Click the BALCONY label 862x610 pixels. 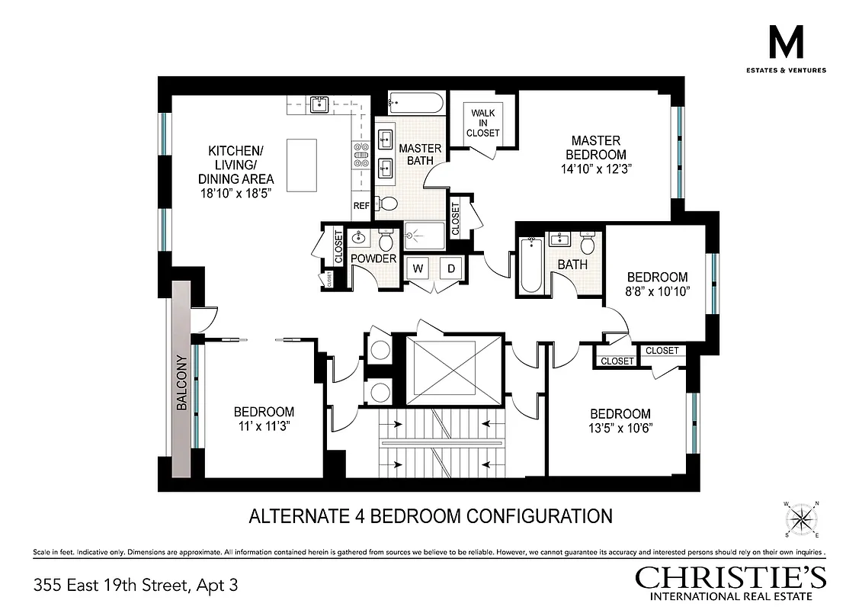181,384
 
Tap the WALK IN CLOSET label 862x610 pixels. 483,123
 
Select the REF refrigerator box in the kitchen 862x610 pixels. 361,206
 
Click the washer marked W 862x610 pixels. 418,268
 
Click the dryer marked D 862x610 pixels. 450,268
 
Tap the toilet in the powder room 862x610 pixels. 385,242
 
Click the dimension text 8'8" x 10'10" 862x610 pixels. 657,292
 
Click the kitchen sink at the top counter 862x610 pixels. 319,104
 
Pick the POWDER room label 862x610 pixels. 373,258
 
